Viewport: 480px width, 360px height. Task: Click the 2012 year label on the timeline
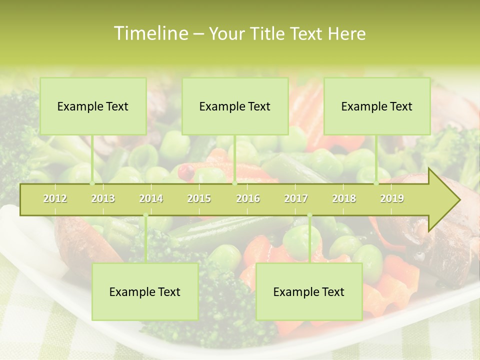pyautogui.click(x=55, y=198)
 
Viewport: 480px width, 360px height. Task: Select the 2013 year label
pyautogui.click(x=103, y=198)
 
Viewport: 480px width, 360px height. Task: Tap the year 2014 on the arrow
pyautogui.click(x=151, y=198)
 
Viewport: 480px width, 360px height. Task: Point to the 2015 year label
pyautogui.click(x=199, y=198)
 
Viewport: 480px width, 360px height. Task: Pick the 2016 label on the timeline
pyautogui.click(x=248, y=198)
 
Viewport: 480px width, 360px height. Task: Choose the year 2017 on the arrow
pyautogui.click(x=296, y=198)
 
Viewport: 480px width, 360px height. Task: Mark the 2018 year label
pyautogui.click(x=344, y=198)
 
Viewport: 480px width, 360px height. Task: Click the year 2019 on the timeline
pyautogui.click(x=392, y=198)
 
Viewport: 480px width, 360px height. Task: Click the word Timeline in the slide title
pyautogui.click(x=150, y=33)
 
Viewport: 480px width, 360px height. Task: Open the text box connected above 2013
pyautogui.click(x=93, y=106)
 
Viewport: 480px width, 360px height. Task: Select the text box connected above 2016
pyautogui.click(x=235, y=106)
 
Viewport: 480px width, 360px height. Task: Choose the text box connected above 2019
pyautogui.click(x=377, y=106)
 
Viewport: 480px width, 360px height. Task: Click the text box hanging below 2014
pyautogui.click(x=145, y=291)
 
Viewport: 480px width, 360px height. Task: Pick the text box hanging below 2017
pyautogui.click(x=309, y=291)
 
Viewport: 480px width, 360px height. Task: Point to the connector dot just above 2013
pyautogui.click(x=92, y=183)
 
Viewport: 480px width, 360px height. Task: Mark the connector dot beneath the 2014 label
pyautogui.click(x=145, y=215)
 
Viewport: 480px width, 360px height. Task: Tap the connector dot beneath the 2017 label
pyautogui.click(x=309, y=215)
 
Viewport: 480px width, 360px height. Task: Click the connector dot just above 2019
pyautogui.click(x=376, y=183)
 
